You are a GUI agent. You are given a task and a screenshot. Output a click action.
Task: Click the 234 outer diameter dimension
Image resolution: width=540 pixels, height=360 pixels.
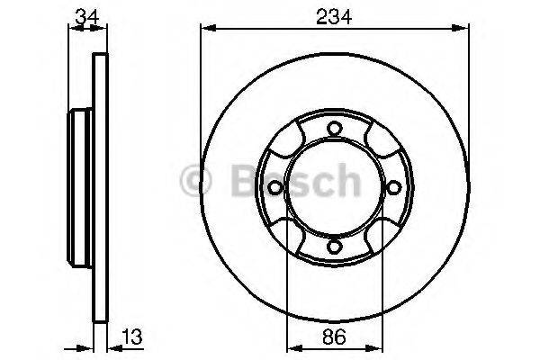334,13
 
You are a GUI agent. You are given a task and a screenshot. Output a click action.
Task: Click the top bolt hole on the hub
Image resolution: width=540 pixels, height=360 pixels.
333,128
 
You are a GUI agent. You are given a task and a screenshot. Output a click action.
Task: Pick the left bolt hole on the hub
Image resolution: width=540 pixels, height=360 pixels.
274,187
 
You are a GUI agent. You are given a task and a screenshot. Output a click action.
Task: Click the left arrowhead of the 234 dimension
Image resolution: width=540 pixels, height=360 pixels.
205,29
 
